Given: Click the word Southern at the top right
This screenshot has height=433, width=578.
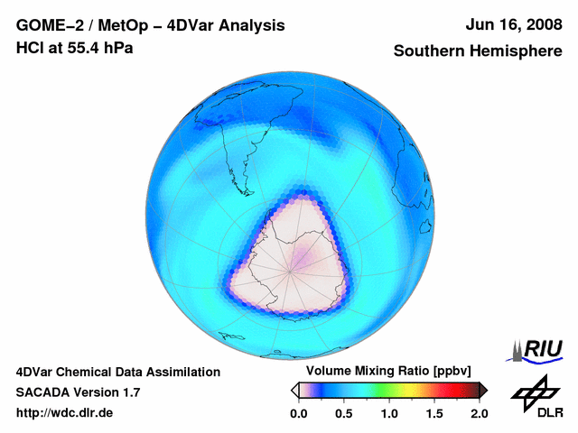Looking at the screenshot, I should [427, 51].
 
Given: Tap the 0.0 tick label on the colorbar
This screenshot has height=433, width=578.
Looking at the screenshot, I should [298, 413].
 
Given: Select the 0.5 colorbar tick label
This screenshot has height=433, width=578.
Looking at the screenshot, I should [343, 413].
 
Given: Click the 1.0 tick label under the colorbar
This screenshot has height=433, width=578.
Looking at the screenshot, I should [389, 413].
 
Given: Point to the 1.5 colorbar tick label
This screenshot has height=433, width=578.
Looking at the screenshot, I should [433, 413].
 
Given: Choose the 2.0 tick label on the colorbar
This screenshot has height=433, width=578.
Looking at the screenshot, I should [479, 413].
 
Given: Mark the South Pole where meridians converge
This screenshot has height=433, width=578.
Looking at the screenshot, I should [292, 267].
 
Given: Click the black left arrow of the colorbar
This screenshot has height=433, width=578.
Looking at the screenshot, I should [295, 390].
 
